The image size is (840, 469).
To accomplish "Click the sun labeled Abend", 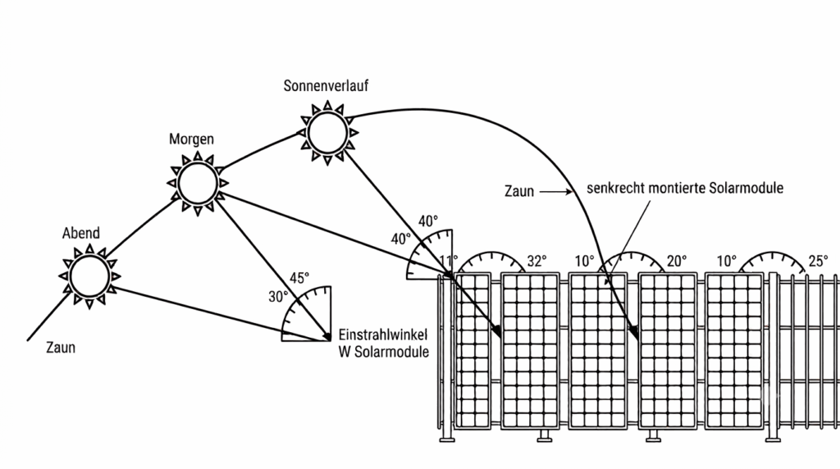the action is tap(89, 276).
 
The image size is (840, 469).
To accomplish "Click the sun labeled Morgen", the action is tap(198, 183).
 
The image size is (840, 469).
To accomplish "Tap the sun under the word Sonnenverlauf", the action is tap(327, 132).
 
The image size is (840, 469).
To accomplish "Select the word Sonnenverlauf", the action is tap(326, 85).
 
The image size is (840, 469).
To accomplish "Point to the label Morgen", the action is tap(191, 139).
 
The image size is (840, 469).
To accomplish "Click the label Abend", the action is tap(81, 233).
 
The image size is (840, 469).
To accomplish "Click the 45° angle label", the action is tap(299, 278).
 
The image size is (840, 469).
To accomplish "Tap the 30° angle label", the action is tap(278, 297).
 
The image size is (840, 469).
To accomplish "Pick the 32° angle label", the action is tap(536, 261).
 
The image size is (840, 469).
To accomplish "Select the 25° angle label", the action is tap(818, 261).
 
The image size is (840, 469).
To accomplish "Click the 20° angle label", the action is tap(677, 261).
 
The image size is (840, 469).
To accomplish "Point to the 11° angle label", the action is tap(449, 260).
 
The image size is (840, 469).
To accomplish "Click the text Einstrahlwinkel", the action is tap(383, 335).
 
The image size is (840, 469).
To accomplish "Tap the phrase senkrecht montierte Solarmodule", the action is tap(685, 188).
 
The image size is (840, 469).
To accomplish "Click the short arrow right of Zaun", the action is tap(556, 191).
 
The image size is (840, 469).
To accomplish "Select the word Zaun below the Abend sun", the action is tap(61, 348).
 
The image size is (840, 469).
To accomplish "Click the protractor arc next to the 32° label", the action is tap(491, 254).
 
